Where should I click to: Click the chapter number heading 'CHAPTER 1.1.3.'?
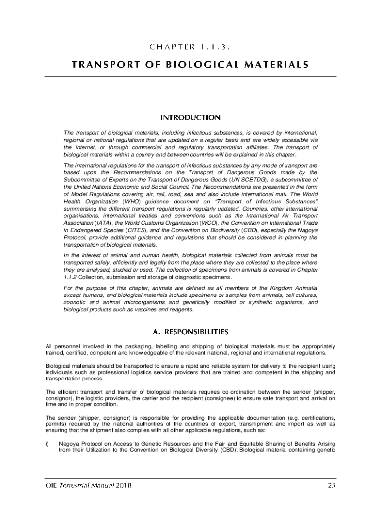click(x=190, y=47)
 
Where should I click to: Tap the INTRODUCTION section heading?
click(x=190, y=118)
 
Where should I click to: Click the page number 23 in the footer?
click(x=332, y=485)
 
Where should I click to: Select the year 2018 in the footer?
click(x=122, y=485)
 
